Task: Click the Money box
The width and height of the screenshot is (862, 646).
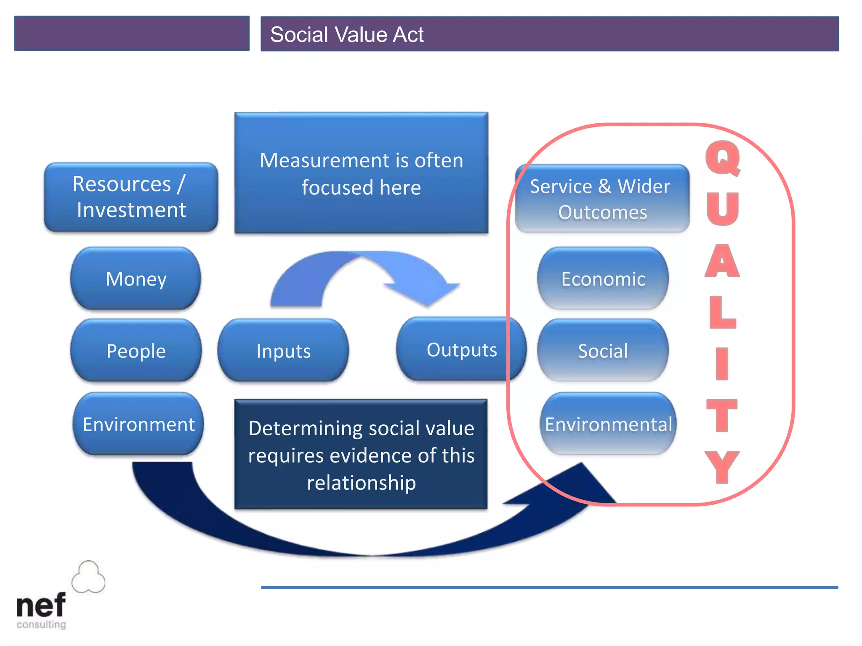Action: [x=136, y=279]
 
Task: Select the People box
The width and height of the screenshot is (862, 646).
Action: [x=136, y=351]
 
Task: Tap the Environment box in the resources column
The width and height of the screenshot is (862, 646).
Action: [x=138, y=424]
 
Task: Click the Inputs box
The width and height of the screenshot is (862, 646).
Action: [x=283, y=351]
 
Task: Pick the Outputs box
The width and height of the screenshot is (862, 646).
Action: [x=461, y=349]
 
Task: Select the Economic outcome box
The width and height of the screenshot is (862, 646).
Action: [x=603, y=279]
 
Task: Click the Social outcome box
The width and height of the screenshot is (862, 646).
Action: [x=603, y=351]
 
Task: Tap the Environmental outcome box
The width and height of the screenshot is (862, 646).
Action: [x=608, y=424]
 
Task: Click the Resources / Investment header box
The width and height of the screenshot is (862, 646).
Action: [x=131, y=197]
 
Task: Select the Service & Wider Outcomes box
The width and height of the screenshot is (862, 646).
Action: [x=602, y=199]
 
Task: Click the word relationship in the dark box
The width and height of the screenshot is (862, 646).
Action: [x=361, y=482]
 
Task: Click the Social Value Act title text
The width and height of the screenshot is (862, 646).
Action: [x=346, y=34]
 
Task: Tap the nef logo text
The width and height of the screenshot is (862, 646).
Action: [x=41, y=606]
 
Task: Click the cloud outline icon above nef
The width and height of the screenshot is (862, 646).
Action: [x=88, y=577]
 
